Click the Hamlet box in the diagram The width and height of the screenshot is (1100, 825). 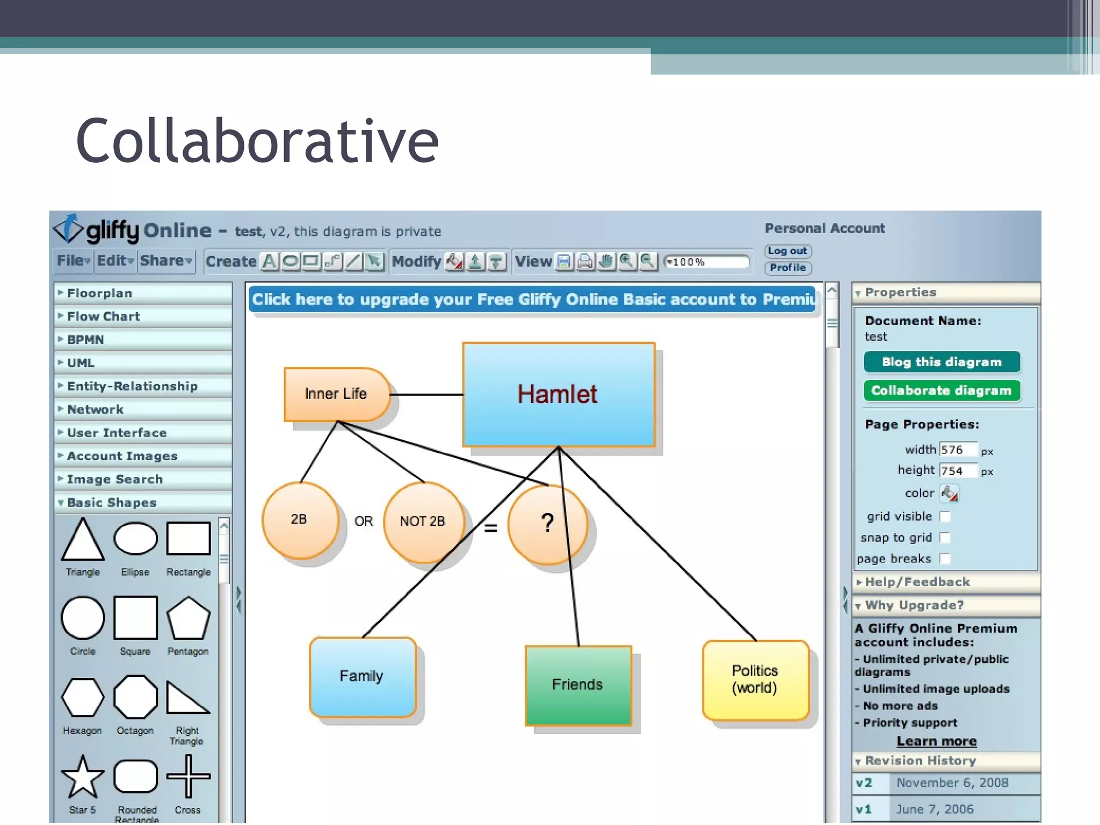coord(558,394)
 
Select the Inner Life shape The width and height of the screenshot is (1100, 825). coord(336,394)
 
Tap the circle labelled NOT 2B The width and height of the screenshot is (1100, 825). coord(423,522)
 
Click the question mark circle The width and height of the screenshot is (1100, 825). coord(547,524)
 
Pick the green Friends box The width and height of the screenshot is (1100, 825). coord(578,685)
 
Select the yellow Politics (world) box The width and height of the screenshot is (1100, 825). coord(755,679)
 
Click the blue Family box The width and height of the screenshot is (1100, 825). coord(362,676)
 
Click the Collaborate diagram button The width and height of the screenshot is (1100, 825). coord(941,390)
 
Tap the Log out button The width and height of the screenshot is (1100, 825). coord(787,251)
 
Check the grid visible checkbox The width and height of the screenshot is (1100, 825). coord(945,517)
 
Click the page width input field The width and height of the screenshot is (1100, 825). coord(958,450)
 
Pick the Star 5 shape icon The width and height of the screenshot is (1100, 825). coord(83,777)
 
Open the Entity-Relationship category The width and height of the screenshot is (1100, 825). coord(132,386)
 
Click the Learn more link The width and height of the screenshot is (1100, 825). coord(936,741)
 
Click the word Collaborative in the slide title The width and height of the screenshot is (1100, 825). coord(257,141)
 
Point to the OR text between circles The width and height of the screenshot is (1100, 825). coord(364,522)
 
